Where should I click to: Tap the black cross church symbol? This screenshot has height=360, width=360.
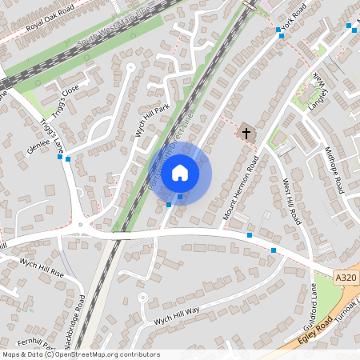pyautogui.click(x=246, y=132)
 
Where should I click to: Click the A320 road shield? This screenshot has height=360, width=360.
pyautogui.click(x=346, y=277)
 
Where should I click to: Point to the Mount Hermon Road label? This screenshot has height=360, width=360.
pyautogui.click(x=242, y=188)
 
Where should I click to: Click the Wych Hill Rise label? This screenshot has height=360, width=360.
pyautogui.click(x=42, y=266)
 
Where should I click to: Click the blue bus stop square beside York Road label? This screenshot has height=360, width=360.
pyautogui.click(x=280, y=30)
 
